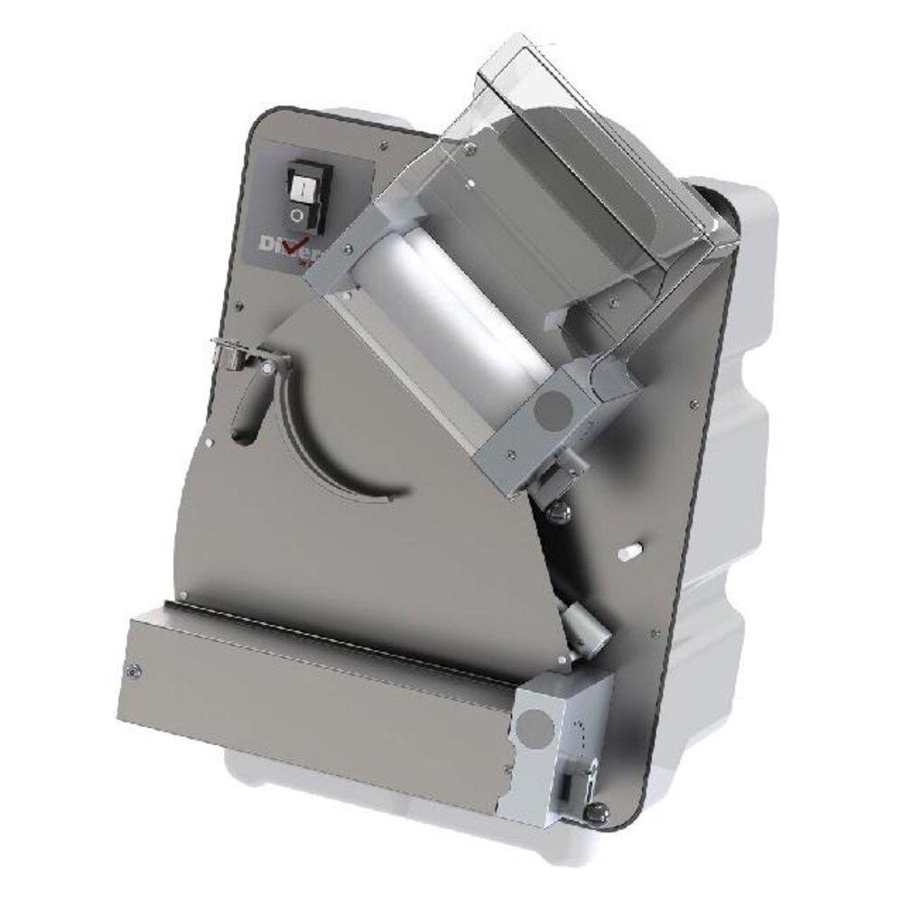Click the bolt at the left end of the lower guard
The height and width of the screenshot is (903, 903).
135,670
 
